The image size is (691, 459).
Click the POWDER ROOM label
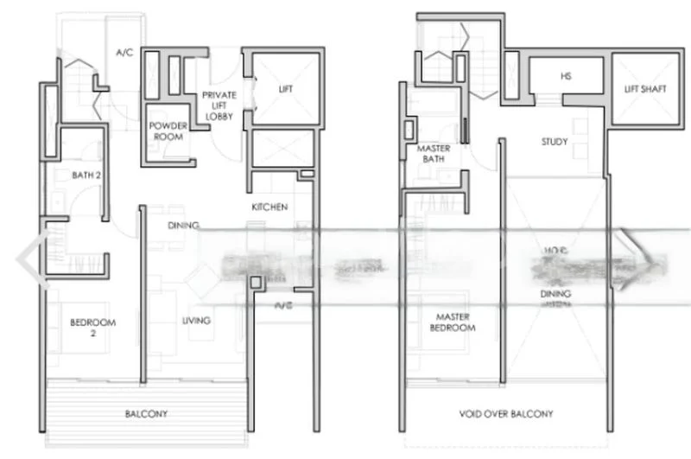168,131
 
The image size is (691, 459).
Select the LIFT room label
286,89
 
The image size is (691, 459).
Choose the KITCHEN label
269,207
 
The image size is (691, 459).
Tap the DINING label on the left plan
183,225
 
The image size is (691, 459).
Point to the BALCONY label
145,414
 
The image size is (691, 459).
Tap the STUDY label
554,142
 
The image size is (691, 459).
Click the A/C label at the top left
124,52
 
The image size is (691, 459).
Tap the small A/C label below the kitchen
282,305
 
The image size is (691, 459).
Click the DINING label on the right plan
555,293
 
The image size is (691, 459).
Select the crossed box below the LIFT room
282,148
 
